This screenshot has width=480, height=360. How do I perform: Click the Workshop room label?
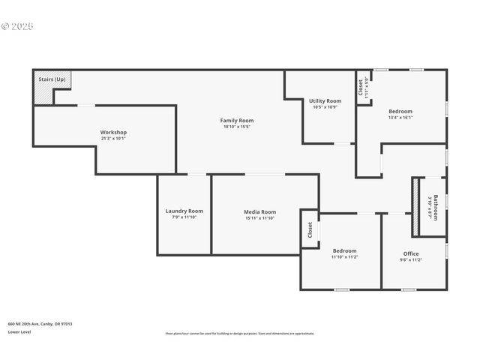tap(114, 132)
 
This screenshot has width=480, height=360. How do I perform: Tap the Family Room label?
tap(237, 121)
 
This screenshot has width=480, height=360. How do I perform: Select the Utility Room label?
tap(325, 100)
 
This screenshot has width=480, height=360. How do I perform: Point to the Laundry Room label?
tap(184, 211)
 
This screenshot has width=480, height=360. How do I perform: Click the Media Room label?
tap(260, 211)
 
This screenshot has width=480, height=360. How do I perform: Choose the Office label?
tap(411, 253)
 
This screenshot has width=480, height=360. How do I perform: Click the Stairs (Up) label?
tap(51, 78)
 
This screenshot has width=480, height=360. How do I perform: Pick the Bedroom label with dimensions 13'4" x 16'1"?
tap(400, 111)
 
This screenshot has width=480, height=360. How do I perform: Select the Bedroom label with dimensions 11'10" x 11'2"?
tap(345, 250)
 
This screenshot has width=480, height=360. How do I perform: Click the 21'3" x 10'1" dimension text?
tap(114, 139)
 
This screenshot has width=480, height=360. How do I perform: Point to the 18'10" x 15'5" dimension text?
tap(237, 127)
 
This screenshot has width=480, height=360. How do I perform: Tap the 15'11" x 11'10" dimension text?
tap(260, 218)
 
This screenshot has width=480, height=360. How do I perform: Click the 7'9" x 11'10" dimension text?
tap(184, 217)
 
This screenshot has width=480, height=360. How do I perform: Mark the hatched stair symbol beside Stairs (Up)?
tap(42, 93)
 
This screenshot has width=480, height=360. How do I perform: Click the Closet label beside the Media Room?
tap(310, 229)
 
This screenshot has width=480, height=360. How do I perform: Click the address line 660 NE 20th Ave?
tap(40, 324)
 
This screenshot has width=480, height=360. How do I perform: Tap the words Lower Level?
tap(19, 331)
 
